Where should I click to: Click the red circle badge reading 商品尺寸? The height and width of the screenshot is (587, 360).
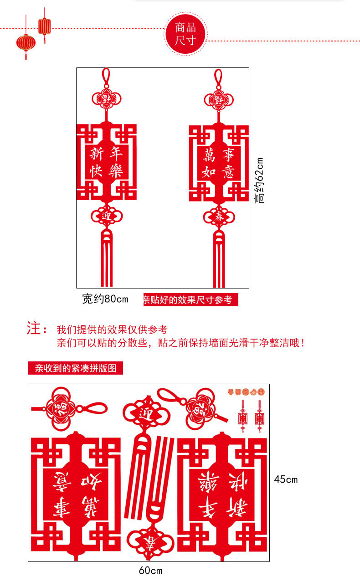(x=185, y=35)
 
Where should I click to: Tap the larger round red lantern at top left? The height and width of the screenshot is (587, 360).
(x=26, y=43)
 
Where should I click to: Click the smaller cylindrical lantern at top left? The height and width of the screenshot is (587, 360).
(x=44, y=26)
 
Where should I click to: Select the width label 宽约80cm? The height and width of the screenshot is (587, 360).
(x=105, y=299)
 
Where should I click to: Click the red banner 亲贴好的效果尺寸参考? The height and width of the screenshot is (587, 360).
(x=190, y=299)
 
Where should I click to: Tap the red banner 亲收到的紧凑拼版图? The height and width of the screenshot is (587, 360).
(x=76, y=368)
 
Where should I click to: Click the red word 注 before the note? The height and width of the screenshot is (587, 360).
(x=34, y=329)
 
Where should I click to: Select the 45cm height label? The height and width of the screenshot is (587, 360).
(x=286, y=479)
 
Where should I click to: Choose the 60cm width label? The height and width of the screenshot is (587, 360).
(x=150, y=570)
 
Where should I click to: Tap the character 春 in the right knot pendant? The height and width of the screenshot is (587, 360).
(x=219, y=217)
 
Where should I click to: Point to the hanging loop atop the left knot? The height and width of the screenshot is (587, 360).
(x=106, y=77)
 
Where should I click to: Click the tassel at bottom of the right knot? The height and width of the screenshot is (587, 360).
(x=219, y=260)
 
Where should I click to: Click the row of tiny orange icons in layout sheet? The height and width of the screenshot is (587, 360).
(x=246, y=391)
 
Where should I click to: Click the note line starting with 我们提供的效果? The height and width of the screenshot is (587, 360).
(x=112, y=330)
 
